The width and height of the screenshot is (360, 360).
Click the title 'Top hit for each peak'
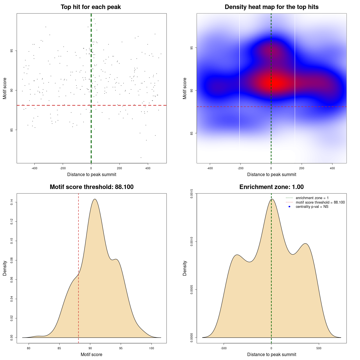91,7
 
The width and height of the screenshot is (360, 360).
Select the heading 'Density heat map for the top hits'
271,7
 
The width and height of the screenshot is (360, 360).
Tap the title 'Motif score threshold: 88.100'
91,187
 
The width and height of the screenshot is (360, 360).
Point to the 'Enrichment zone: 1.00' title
271,187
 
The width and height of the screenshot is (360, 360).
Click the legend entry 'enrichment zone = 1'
312,198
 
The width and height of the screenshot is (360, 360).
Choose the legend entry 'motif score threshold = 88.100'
320,202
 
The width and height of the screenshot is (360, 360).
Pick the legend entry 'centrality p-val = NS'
312,207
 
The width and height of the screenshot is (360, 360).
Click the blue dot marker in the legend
289,207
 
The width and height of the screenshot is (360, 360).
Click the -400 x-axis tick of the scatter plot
34,168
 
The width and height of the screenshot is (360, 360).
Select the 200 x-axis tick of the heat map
302,168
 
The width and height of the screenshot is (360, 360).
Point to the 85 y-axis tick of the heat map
192,133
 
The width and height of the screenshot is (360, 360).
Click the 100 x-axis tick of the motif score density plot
152,348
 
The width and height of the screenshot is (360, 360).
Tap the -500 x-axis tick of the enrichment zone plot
224,348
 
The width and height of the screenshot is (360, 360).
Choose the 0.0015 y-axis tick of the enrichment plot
192,193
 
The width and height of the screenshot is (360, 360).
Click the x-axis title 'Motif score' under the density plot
91,355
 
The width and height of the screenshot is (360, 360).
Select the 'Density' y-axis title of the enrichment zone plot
185,268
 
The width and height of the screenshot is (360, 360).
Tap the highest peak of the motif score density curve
95,199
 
